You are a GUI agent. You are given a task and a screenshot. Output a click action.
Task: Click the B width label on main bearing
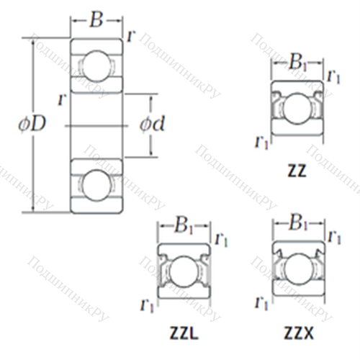point(96,19)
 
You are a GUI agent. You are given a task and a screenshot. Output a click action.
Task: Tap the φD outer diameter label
point(32,123)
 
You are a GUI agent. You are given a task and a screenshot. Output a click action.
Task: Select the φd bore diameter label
point(152,123)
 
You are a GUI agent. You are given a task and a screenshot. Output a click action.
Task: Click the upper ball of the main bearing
point(96,66)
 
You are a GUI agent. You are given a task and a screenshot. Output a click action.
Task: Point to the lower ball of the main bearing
point(96,185)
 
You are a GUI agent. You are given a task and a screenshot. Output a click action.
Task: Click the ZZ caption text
point(297,171)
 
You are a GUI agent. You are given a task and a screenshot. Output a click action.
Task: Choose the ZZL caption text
point(184,333)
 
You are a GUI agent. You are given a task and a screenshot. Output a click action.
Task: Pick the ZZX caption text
point(299,333)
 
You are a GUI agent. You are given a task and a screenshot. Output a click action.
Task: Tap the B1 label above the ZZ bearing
point(298,63)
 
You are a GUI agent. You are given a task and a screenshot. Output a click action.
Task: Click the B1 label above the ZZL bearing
point(184,226)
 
